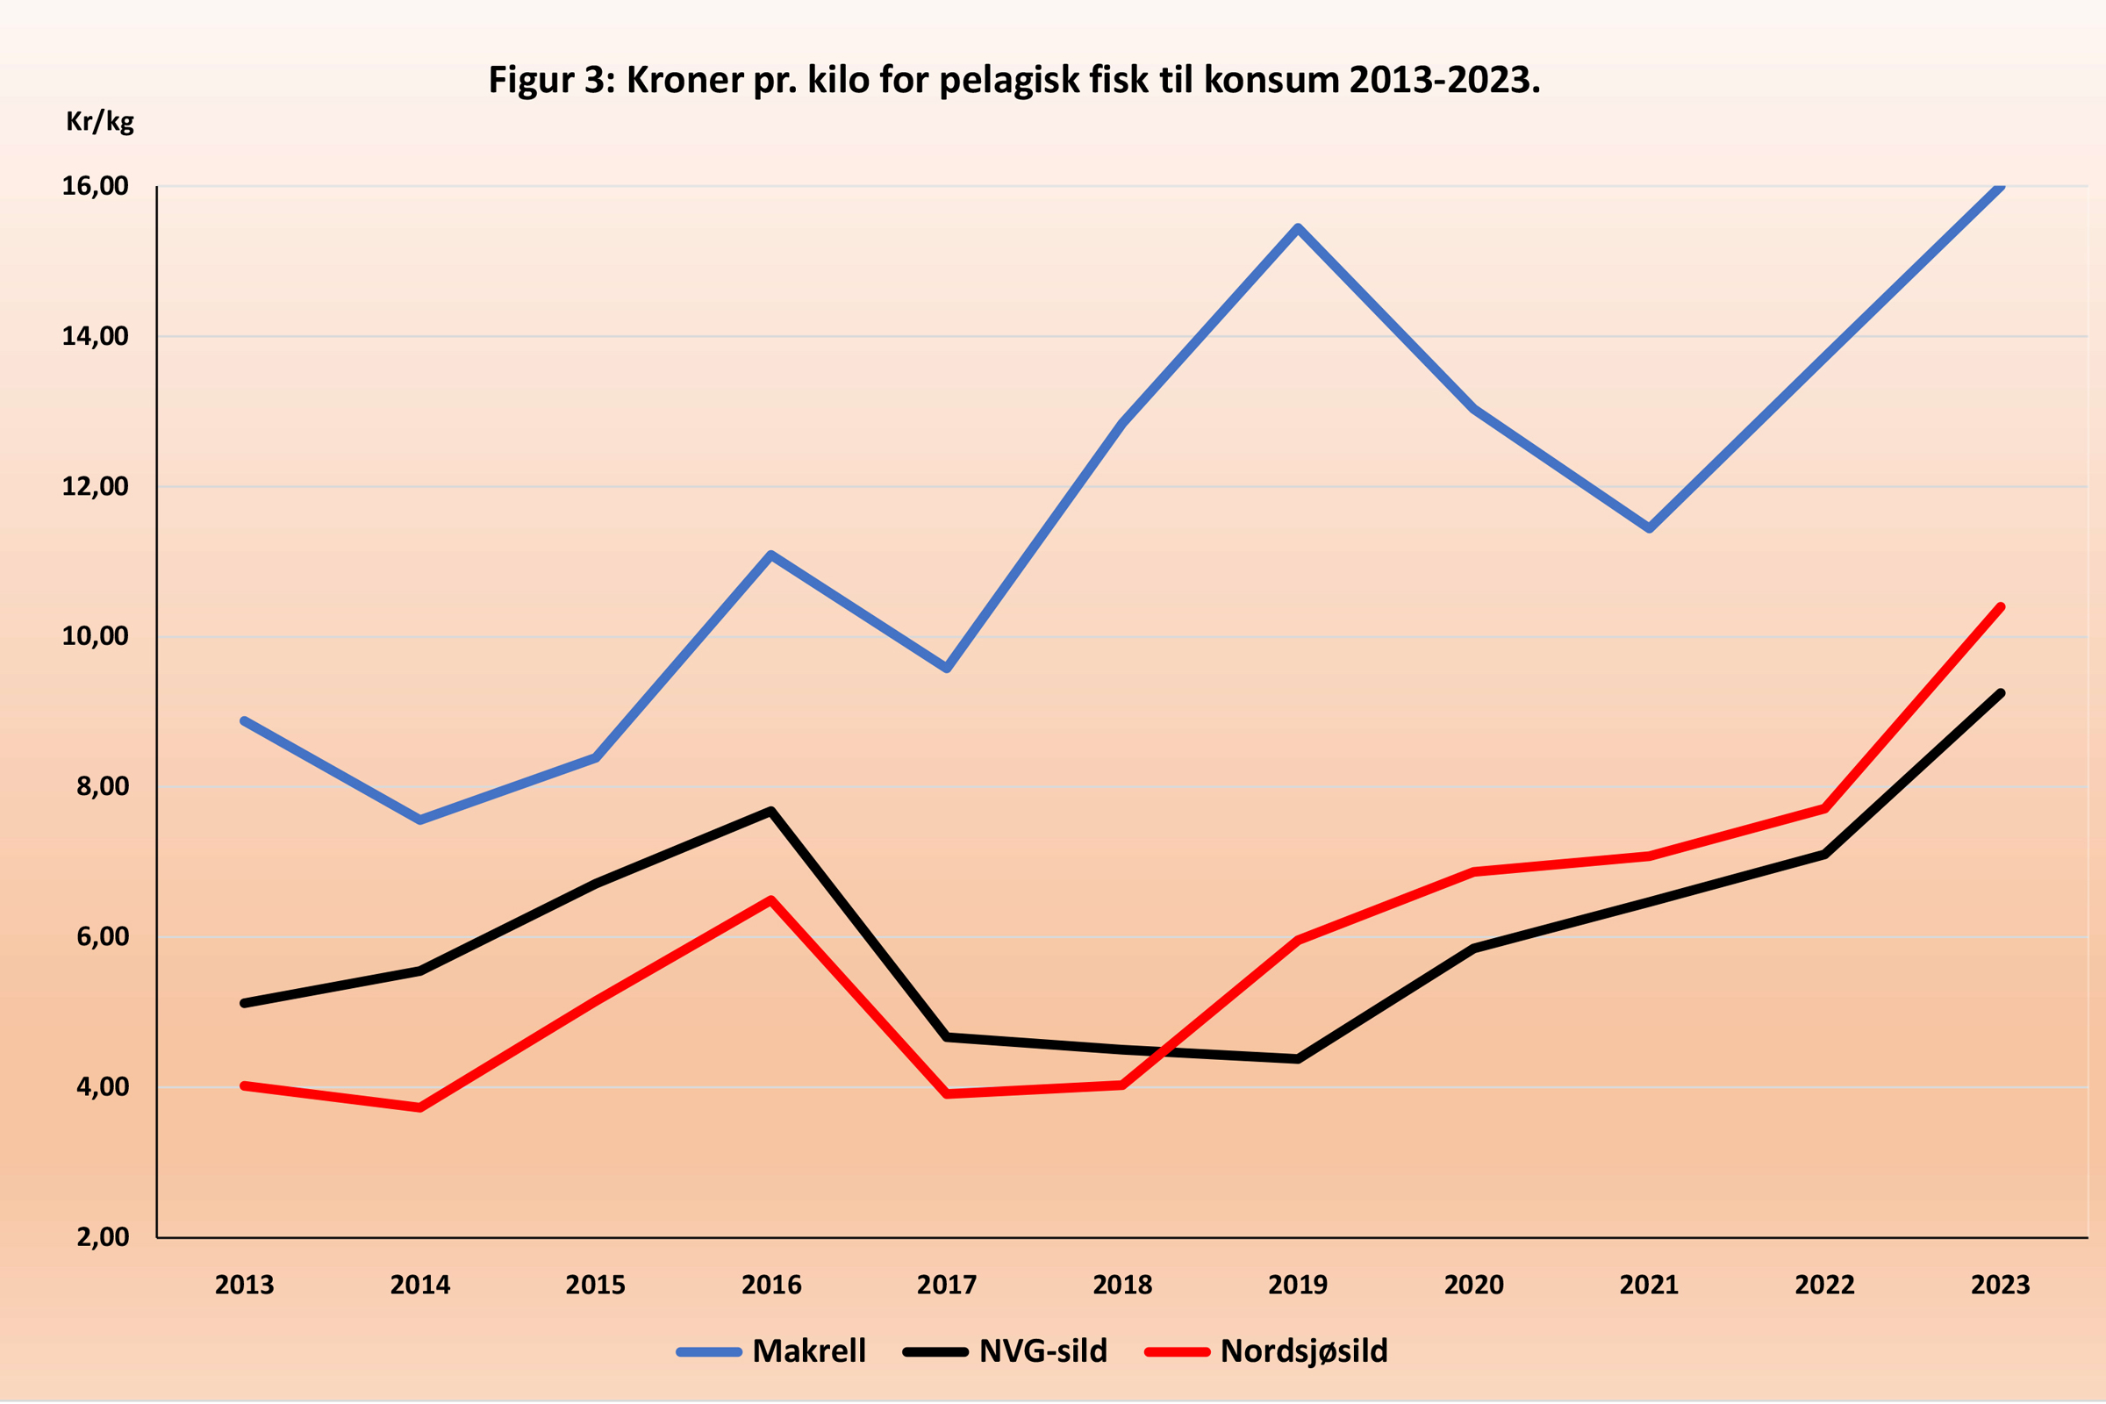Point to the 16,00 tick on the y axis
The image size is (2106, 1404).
95,186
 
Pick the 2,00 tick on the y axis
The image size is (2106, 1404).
102,1236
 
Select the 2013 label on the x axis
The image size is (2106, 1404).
245,1285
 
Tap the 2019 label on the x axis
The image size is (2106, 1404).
1298,1285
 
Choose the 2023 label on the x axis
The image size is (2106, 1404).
2000,1285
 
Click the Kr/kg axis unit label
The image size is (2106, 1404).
99,121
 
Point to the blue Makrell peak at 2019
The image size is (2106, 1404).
1298,228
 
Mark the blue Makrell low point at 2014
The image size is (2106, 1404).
420,820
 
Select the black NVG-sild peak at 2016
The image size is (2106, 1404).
771,811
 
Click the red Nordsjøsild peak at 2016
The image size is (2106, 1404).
771,900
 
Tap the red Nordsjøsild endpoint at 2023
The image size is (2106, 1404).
2000,607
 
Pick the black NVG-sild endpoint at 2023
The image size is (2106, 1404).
2000,693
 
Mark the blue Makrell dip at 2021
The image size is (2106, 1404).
1649,528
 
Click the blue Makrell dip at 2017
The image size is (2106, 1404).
947,668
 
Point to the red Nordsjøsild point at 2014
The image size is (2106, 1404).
420,1108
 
